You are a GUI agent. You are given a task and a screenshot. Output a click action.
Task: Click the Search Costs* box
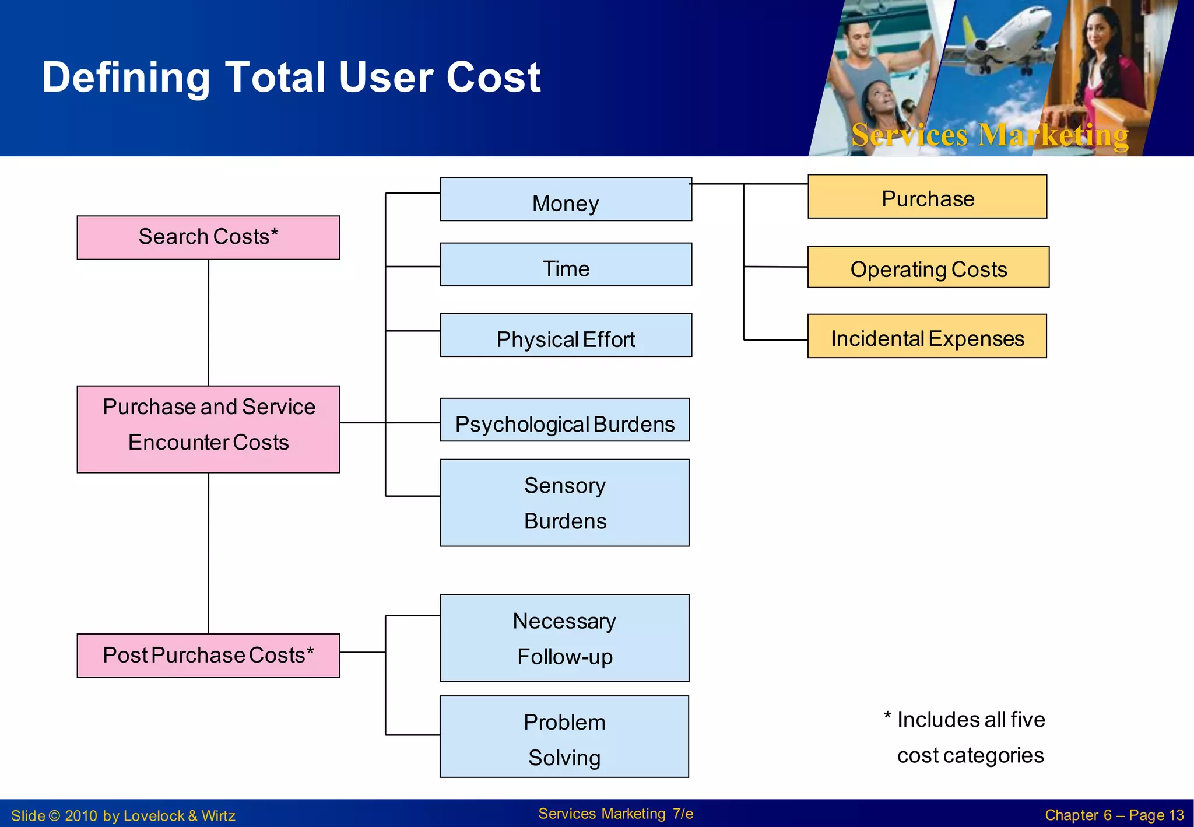(208, 237)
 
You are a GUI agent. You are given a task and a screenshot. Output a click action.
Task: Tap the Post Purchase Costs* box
(208, 655)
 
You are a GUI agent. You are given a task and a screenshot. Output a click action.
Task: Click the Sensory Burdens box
(564, 503)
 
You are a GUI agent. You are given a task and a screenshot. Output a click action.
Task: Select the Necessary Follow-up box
(564, 638)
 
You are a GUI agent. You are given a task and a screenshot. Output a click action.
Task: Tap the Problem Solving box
(564, 737)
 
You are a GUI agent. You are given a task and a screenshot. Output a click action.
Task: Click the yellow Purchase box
(927, 197)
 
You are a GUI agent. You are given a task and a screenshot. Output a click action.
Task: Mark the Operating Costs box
(928, 267)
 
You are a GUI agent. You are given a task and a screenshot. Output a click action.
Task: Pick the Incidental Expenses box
(927, 336)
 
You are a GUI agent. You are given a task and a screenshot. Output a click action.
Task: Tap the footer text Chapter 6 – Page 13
(1114, 815)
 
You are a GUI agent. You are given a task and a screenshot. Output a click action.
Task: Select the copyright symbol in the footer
(54, 815)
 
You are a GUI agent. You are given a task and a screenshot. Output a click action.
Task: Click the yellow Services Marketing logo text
(989, 135)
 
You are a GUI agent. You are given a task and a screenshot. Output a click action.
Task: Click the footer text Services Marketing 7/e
(616, 814)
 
